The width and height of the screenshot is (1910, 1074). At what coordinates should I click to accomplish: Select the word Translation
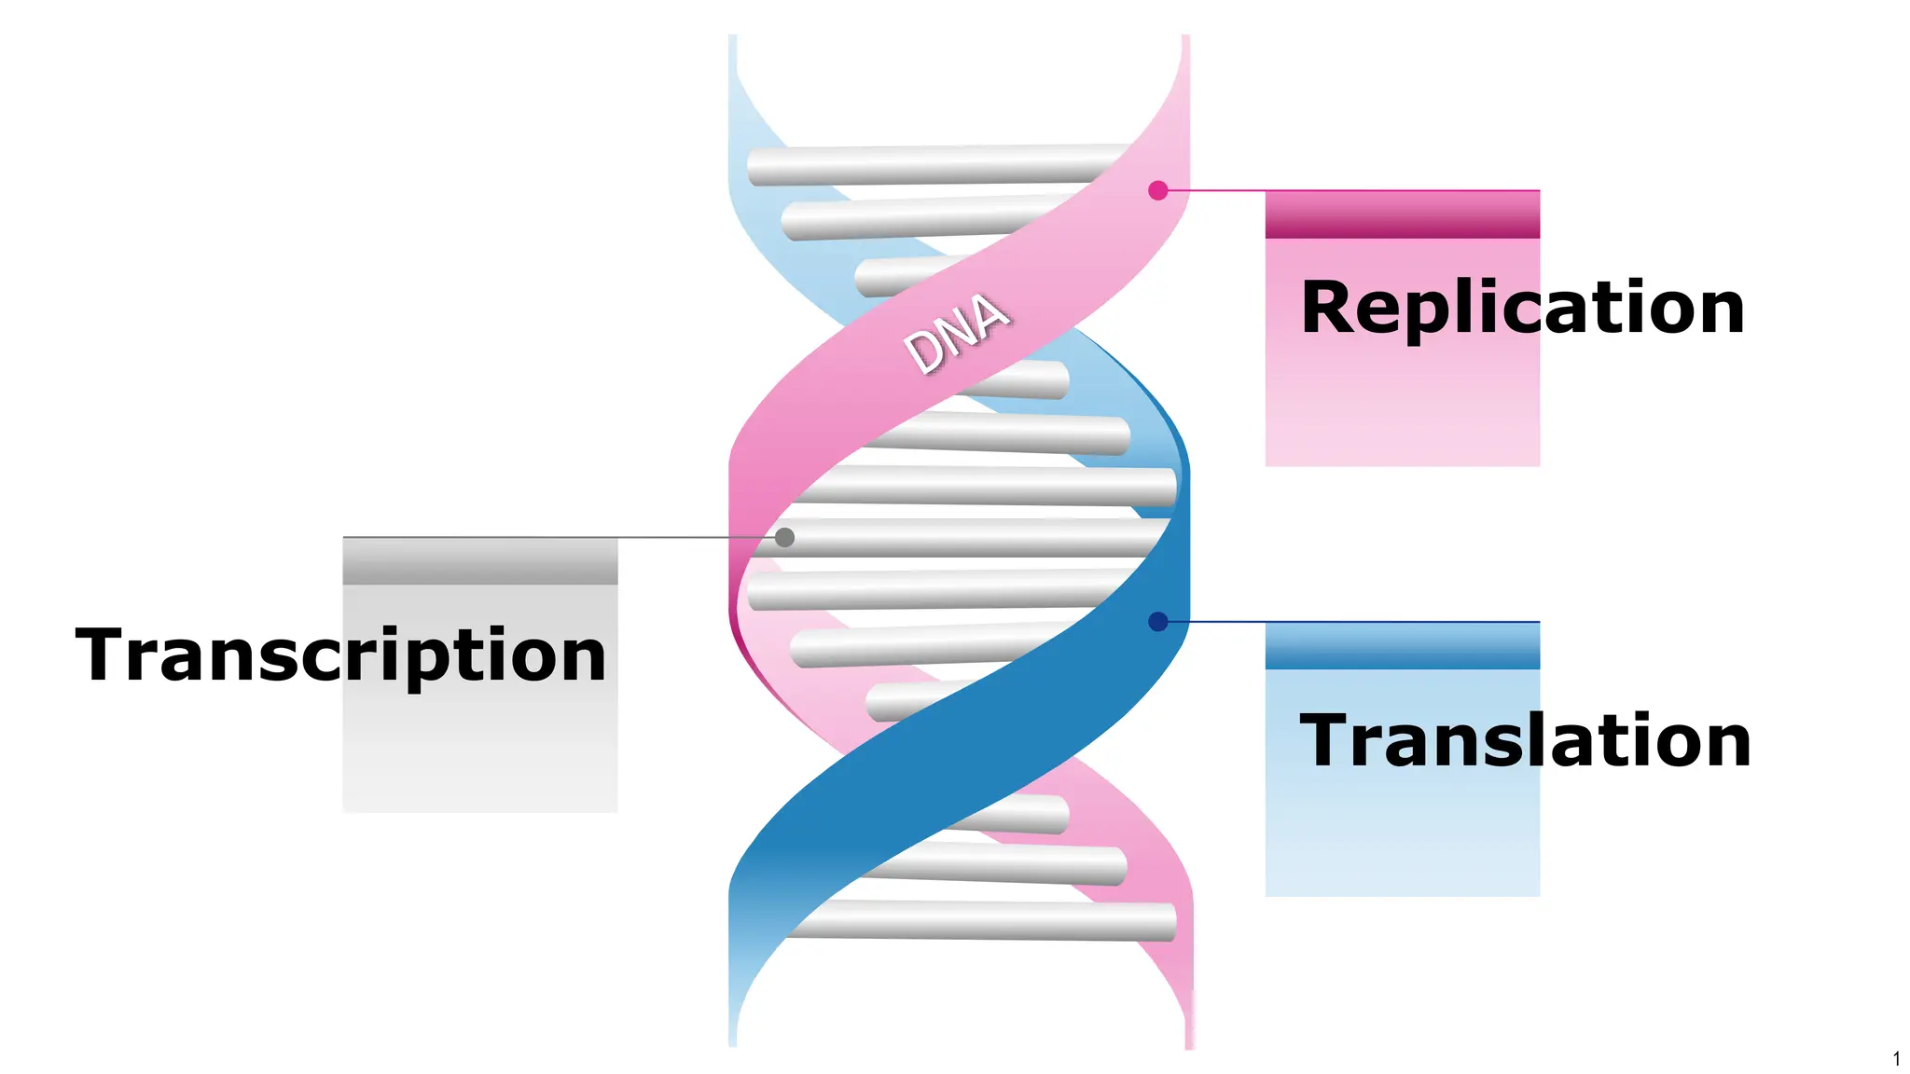click(1525, 740)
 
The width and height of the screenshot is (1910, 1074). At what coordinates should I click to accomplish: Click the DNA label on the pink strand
click(956, 333)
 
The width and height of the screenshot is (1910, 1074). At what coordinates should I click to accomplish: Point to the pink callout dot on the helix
click(1158, 190)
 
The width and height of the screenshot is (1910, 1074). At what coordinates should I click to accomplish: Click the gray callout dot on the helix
click(785, 537)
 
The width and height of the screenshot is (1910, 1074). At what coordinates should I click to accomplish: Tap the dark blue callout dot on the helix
click(1158, 622)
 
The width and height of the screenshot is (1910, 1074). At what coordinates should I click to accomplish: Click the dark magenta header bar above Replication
click(1402, 215)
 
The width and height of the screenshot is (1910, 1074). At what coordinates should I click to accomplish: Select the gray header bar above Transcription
click(479, 562)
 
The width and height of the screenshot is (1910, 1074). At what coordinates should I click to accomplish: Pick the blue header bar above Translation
click(1402, 646)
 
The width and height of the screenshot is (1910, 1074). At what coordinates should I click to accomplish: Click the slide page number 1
click(1896, 1059)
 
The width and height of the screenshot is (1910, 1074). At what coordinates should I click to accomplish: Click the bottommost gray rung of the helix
click(979, 921)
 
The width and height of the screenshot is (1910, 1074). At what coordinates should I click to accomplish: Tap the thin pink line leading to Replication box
click(1212, 190)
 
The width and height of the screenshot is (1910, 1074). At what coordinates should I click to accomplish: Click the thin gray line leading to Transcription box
click(560, 537)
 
